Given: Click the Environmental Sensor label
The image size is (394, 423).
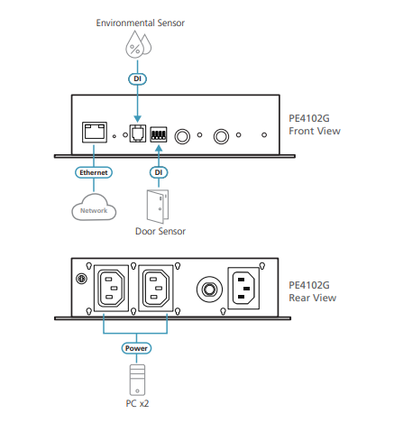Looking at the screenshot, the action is coord(140,23).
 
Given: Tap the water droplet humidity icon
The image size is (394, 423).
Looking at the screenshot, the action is coord(138,44).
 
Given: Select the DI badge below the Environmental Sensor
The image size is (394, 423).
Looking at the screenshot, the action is coord(137,78).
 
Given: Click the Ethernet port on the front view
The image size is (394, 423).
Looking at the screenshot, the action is coord(95,133).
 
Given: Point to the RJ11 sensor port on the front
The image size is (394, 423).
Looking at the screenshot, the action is coord(138,133).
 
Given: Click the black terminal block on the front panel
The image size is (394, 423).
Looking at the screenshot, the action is coord(159,134).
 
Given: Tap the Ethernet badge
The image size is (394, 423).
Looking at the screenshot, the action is coord(94,172).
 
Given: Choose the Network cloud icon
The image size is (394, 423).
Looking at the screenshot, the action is coord(94,207).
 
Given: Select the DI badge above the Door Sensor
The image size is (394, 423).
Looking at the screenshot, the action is coord(159,172).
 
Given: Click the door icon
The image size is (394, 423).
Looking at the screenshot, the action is coord(158,207).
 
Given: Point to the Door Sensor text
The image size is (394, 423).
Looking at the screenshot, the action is coord(160,231).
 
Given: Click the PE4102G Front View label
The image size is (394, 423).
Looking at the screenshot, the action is coord(315,124).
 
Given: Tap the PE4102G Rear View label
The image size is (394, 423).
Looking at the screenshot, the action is coord(312,291).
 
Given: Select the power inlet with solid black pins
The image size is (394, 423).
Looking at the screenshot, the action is coord(243,289).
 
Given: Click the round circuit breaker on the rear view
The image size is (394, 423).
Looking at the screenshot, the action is coord(209,290).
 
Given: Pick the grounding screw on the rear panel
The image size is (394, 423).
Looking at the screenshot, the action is coord(81,279).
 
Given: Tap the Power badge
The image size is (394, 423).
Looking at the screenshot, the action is coord(136,348).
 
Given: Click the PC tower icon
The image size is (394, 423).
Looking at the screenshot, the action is coord(137,380).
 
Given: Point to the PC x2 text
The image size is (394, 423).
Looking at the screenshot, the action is coord(137,403).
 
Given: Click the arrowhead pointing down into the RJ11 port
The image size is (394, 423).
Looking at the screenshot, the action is coord(137,119).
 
